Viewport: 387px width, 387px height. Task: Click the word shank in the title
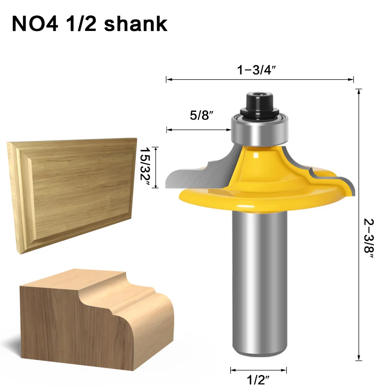[x=136, y=24]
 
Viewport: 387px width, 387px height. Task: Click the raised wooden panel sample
[x=74, y=193]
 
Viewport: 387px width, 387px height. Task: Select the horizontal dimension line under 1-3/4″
[x=259, y=80]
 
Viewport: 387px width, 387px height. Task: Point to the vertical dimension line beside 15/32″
[x=155, y=167]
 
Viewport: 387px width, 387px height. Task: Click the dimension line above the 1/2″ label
[x=259, y=369]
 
